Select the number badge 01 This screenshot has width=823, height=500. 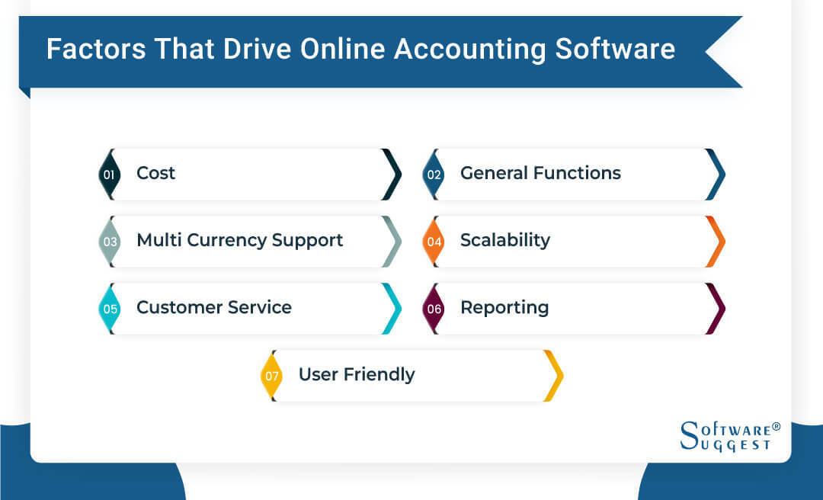[109, 175]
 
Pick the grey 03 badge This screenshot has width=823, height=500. [109, 242]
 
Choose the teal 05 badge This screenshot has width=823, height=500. [109, 309]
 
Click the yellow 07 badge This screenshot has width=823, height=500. [271, 376]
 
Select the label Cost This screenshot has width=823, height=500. [155, 174]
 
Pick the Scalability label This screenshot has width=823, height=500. [504, 241]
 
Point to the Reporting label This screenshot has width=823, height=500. [504, 308]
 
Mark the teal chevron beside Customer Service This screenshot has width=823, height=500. [391, 309]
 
